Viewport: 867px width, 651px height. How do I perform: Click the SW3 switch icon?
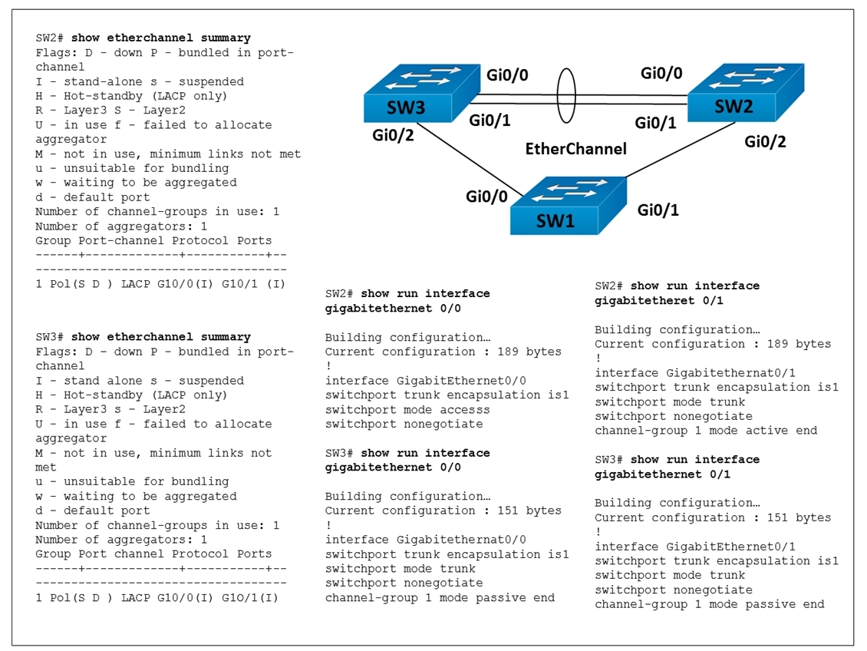(x=421, y=93)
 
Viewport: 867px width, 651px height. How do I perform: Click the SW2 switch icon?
(x=745, y=92)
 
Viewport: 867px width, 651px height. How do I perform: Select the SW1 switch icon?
(x=568, y=206)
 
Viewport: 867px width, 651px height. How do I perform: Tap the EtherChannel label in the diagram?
(x=575, y=149)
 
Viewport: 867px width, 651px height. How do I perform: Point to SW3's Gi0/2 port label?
(x=393, y=135)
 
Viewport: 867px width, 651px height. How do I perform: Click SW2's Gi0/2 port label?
(x=765, y=141)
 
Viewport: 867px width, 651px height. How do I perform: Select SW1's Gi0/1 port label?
(x=658, y=210)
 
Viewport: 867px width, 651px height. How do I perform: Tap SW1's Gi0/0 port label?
(x=486, y=197)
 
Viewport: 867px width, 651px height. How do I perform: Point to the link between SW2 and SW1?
(x=681, y=150)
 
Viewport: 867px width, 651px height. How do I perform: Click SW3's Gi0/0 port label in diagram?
(x=507, y=74)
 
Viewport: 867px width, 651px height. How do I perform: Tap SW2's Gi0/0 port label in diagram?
(x=661, y=73)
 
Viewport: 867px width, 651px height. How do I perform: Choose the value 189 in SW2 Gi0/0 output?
(x=508, y=352)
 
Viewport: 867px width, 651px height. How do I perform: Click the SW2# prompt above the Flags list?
(x=50, y=38)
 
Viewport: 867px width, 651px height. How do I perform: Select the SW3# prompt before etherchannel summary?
(x=50, y=337)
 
